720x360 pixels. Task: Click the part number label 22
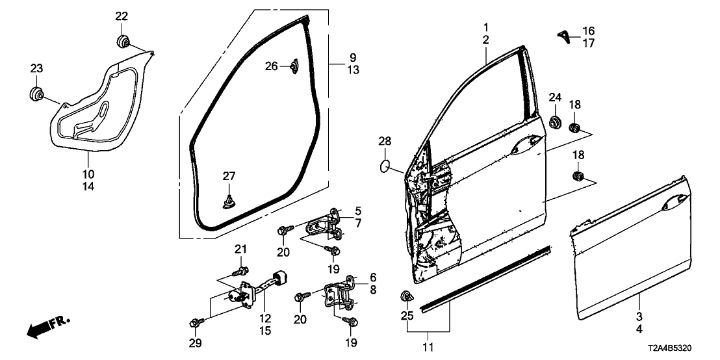[x=122, y=16]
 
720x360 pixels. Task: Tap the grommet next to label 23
[x=36, y=94]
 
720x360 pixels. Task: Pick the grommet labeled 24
[x=556, y=122]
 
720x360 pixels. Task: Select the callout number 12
[x=264, y=318]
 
